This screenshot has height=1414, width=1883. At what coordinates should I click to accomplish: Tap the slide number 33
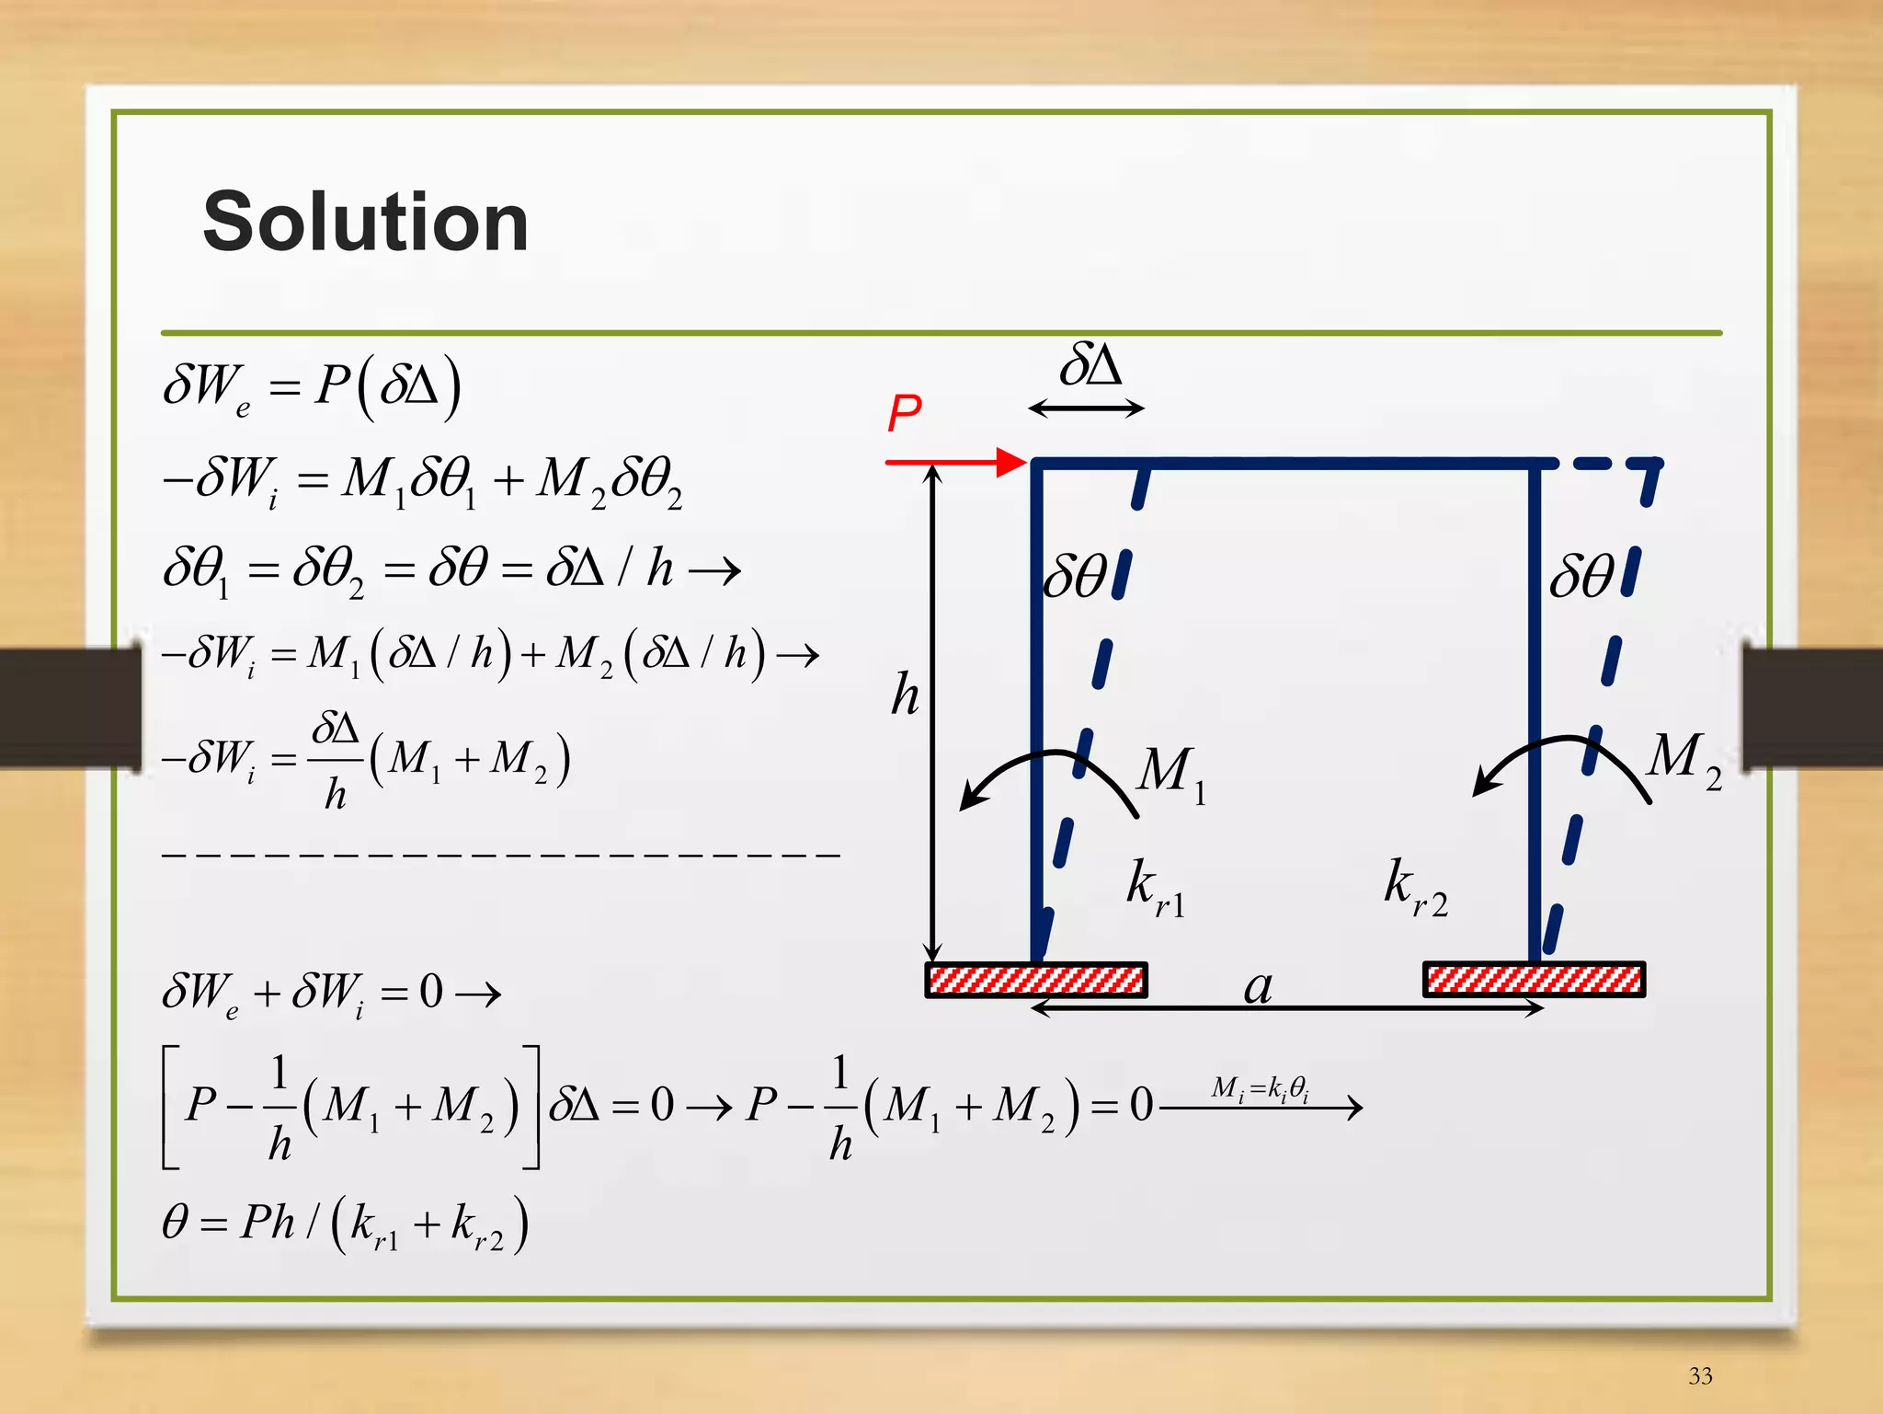[x=1700, y=1375]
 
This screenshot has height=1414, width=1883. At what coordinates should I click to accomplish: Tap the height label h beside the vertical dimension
[x=905, y=695]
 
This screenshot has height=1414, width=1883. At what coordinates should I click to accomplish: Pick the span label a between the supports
[x=1258, y=987]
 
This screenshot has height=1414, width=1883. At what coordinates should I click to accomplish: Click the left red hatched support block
[x=1036, y=980]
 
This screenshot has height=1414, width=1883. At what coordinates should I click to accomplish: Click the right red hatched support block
[x=1534, y=980]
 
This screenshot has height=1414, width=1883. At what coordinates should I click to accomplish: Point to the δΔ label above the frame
[x=1090, y=366]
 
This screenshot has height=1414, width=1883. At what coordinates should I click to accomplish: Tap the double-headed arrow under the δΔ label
[x=1086, y=408]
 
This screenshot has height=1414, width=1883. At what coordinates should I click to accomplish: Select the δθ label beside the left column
[x=1076, y=577]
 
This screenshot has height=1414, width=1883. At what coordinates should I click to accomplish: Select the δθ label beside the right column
[x=1581, y=577]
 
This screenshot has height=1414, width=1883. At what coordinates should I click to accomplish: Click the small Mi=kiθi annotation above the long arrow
[x=1260, y=1088]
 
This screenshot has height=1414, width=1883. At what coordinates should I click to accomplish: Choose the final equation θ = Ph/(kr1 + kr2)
[x=345, y=1224]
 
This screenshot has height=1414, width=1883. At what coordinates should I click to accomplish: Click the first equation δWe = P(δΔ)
[x=312, y=387]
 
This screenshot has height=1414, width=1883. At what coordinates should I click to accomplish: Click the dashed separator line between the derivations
[x=501, y=855]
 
